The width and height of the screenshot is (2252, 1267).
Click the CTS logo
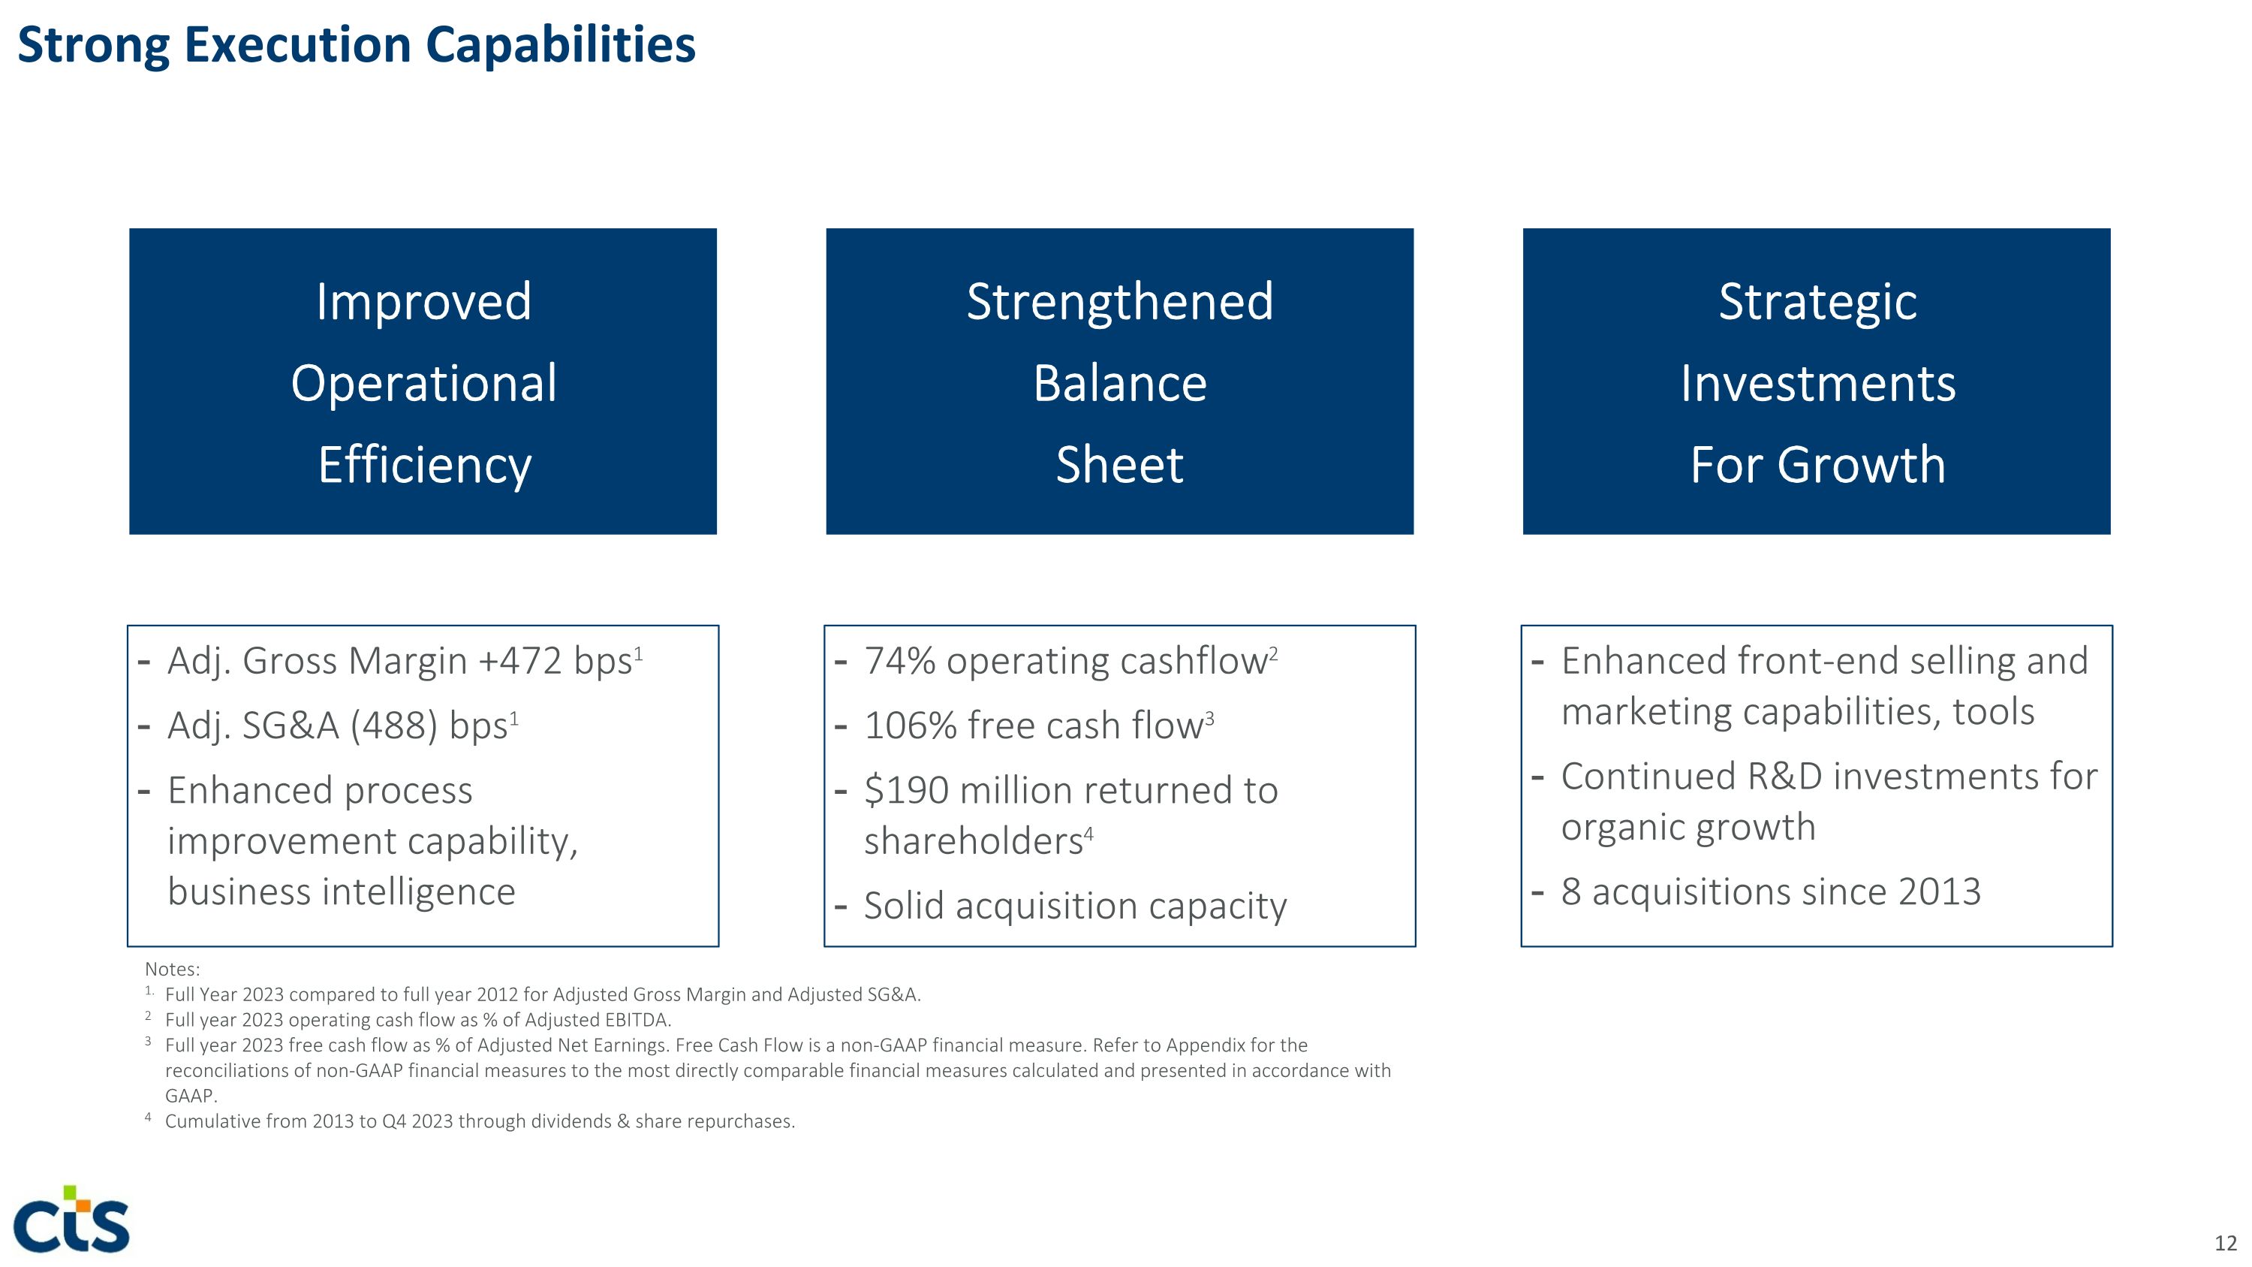coord(71,1220)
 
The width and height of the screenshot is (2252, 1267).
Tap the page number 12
coord(2225,1242)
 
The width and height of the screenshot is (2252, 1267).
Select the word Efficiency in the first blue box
coord(424,464)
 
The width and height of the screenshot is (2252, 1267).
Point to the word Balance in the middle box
coord(1119,383)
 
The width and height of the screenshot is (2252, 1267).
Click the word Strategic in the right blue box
coord(1817,302)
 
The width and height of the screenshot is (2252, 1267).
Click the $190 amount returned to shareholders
coord(907,790)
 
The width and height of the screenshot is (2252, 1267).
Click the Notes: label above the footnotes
coord(172,969)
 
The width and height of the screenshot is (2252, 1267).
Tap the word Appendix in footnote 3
coord(1205,1045)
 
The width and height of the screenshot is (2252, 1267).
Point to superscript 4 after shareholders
coord(1088,834)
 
